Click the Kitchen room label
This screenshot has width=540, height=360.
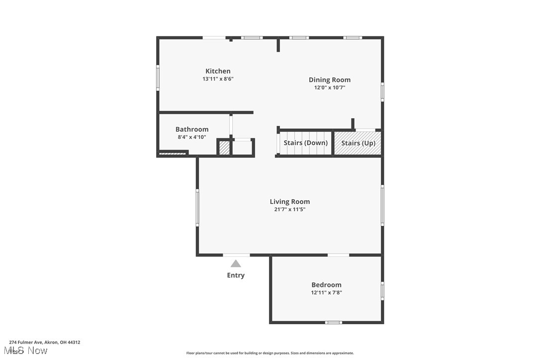coord(218,71)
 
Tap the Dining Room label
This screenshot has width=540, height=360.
coord(329,80)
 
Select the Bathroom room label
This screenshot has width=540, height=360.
coord(192,129)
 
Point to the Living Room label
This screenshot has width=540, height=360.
coord(289,201)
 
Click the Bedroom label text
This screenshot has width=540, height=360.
coord(326,285)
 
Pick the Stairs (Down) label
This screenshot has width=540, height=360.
coord(305,143)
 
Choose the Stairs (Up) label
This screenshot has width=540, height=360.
coord(358,143)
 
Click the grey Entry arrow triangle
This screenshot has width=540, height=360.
coord(236,264)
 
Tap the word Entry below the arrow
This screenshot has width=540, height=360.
coord(236,275)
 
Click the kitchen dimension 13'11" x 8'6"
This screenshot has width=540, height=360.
coord(218,79)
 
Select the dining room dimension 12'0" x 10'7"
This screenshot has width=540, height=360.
coord(329,88)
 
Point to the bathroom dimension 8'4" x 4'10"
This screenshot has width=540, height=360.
coord(192,137)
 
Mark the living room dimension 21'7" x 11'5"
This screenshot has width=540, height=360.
coord(289,209)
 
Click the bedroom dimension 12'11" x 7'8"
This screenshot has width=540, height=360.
coord(326,293)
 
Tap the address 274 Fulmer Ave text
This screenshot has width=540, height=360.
coord(44,342)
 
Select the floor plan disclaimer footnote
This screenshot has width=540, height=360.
coord(270,353)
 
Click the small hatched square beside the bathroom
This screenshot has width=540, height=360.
coord(224,148)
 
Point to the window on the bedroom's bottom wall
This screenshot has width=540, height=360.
coord(333,322)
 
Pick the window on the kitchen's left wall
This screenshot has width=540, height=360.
coord(158,78)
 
